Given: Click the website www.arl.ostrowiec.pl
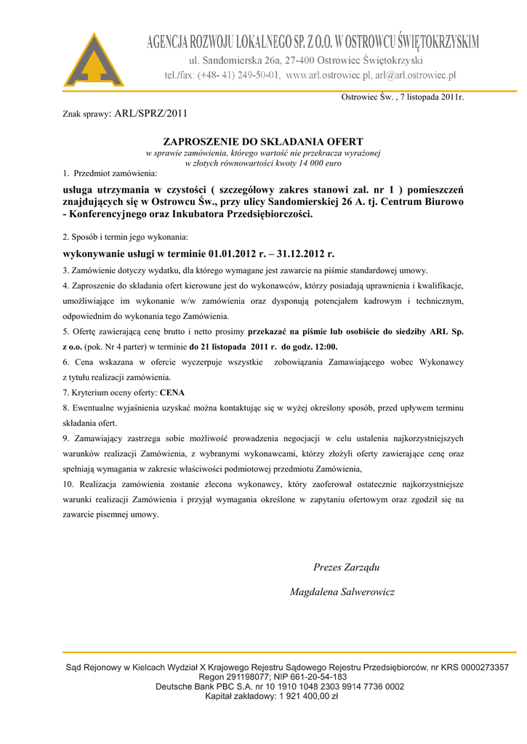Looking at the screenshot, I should pyautogui.click(x=329, y=75).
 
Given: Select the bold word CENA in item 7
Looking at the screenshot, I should pyautogui.click(x=172, y=392).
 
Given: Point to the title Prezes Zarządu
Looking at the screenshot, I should pyautogui.click(x=346, y=567).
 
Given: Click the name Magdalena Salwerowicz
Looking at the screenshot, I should pyautogui.click(x=342, y=592).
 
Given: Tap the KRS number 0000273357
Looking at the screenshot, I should pyautogui.click(x=479, y=667).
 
